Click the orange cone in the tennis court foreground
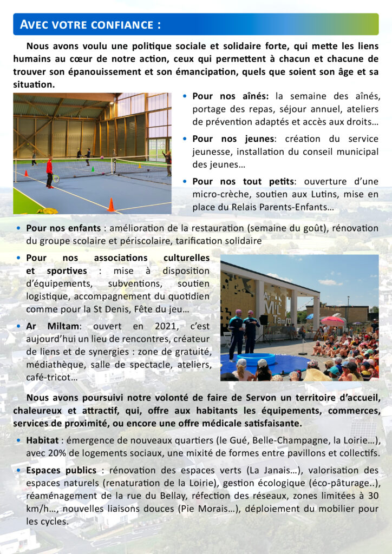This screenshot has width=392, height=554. point(111,205)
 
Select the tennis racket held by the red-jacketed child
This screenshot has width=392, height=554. point(55,178)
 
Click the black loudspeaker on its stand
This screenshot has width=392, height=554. point(264,320)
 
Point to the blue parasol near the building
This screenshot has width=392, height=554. point(310,316)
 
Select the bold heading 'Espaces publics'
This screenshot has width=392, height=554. point(61,470)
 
